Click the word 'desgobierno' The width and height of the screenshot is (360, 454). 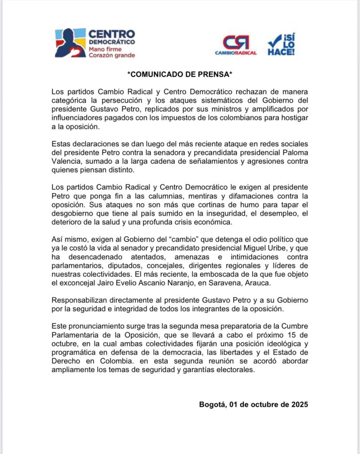(x=71, y=215)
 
